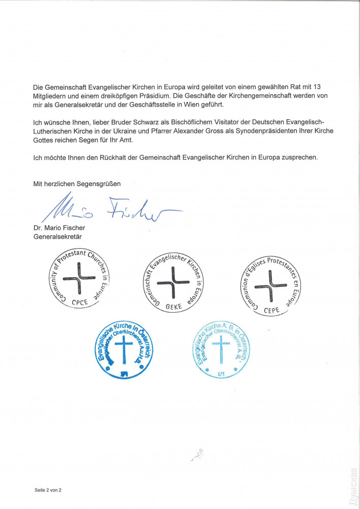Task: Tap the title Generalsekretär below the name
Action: [x=58, y=236]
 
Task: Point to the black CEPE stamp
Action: [x=270, y=282]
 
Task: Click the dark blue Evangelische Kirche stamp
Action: [x=124, y=348]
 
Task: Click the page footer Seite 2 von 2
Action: [x=48, y=490]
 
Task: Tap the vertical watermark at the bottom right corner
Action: [x=354, y=484]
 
